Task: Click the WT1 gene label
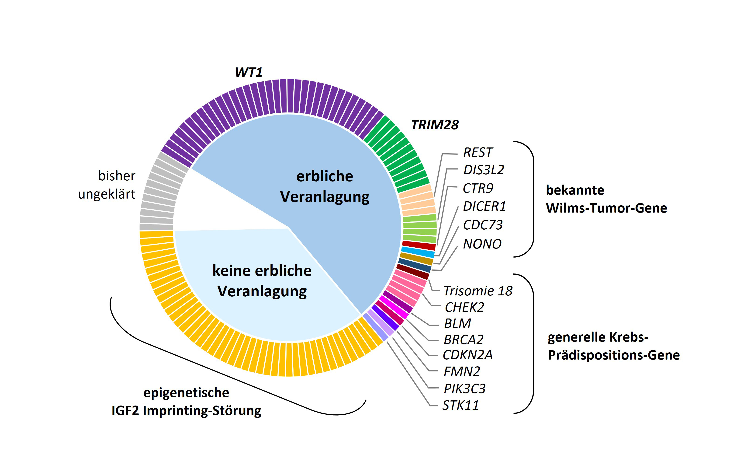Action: coord(249,72)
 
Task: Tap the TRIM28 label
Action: coord(435,125)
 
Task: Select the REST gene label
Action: coord(477,152)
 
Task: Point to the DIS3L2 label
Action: coord(484,170)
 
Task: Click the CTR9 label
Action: coord(478,188)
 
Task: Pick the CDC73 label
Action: coord(483,225)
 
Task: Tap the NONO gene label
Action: coord(482,244)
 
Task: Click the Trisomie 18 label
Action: coord(478,291)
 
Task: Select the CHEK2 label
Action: coord(464,307)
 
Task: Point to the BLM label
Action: coord(457,323)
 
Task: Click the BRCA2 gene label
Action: coord(463,339)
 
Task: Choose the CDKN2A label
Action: coord(467,355)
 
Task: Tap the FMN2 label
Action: coord(462,371)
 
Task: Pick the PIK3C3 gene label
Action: coord(464,388)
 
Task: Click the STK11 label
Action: coord(460,405)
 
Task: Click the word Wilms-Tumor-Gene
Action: coord(606,208)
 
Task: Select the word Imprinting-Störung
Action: coord(202,410)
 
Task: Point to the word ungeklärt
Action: coord(107,194)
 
